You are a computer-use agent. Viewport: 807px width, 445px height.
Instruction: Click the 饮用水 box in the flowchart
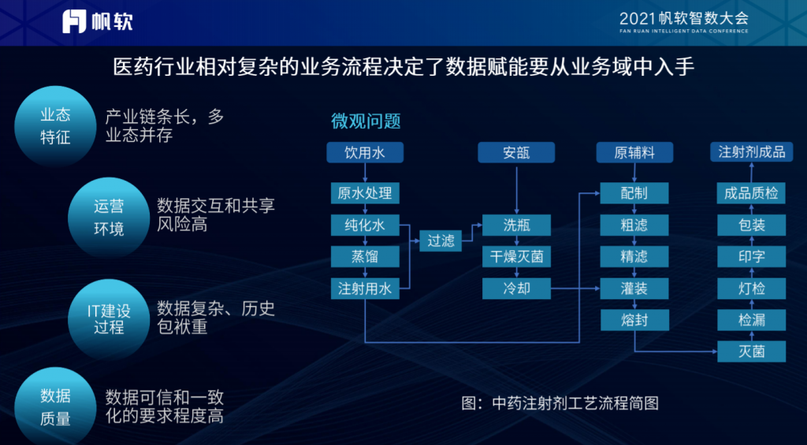click(x=365, y=152)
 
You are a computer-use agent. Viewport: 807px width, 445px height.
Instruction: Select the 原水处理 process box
click(x=365, y=193)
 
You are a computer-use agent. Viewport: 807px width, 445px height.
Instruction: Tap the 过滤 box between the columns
click(x=441, y=241)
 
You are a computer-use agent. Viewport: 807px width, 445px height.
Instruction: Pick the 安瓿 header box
click(x=516, y=152)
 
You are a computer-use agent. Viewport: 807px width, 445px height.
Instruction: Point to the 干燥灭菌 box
click(x=517, y=257)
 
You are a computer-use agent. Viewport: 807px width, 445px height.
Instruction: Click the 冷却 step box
click(x=517, y=289)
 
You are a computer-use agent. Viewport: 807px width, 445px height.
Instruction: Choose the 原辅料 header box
click(x=634, y=152)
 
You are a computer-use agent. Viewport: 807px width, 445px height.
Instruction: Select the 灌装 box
click(x=634, y=289)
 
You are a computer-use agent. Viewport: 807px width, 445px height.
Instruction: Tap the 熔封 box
click(x=634, y=320)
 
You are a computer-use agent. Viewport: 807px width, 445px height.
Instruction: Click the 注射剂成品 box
click(x=752, y=152)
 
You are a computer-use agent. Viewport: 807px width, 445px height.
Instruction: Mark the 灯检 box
click(x=752, y=289)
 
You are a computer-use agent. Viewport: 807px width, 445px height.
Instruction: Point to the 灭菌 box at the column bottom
click(x=752, y=352)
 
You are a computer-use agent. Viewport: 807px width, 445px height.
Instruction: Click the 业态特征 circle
click(x=55, y=126)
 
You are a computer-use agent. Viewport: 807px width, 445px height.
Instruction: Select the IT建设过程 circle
click(x=109, y=320)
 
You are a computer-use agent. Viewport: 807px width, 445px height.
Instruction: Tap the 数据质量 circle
click(x=55, y=407)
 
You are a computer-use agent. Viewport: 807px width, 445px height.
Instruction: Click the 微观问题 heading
click(x=366, y=121)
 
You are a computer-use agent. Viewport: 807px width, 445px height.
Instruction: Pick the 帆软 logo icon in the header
click(x=74, y=21)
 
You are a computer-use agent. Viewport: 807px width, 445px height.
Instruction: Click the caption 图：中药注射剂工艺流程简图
click(x=560, y=402)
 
